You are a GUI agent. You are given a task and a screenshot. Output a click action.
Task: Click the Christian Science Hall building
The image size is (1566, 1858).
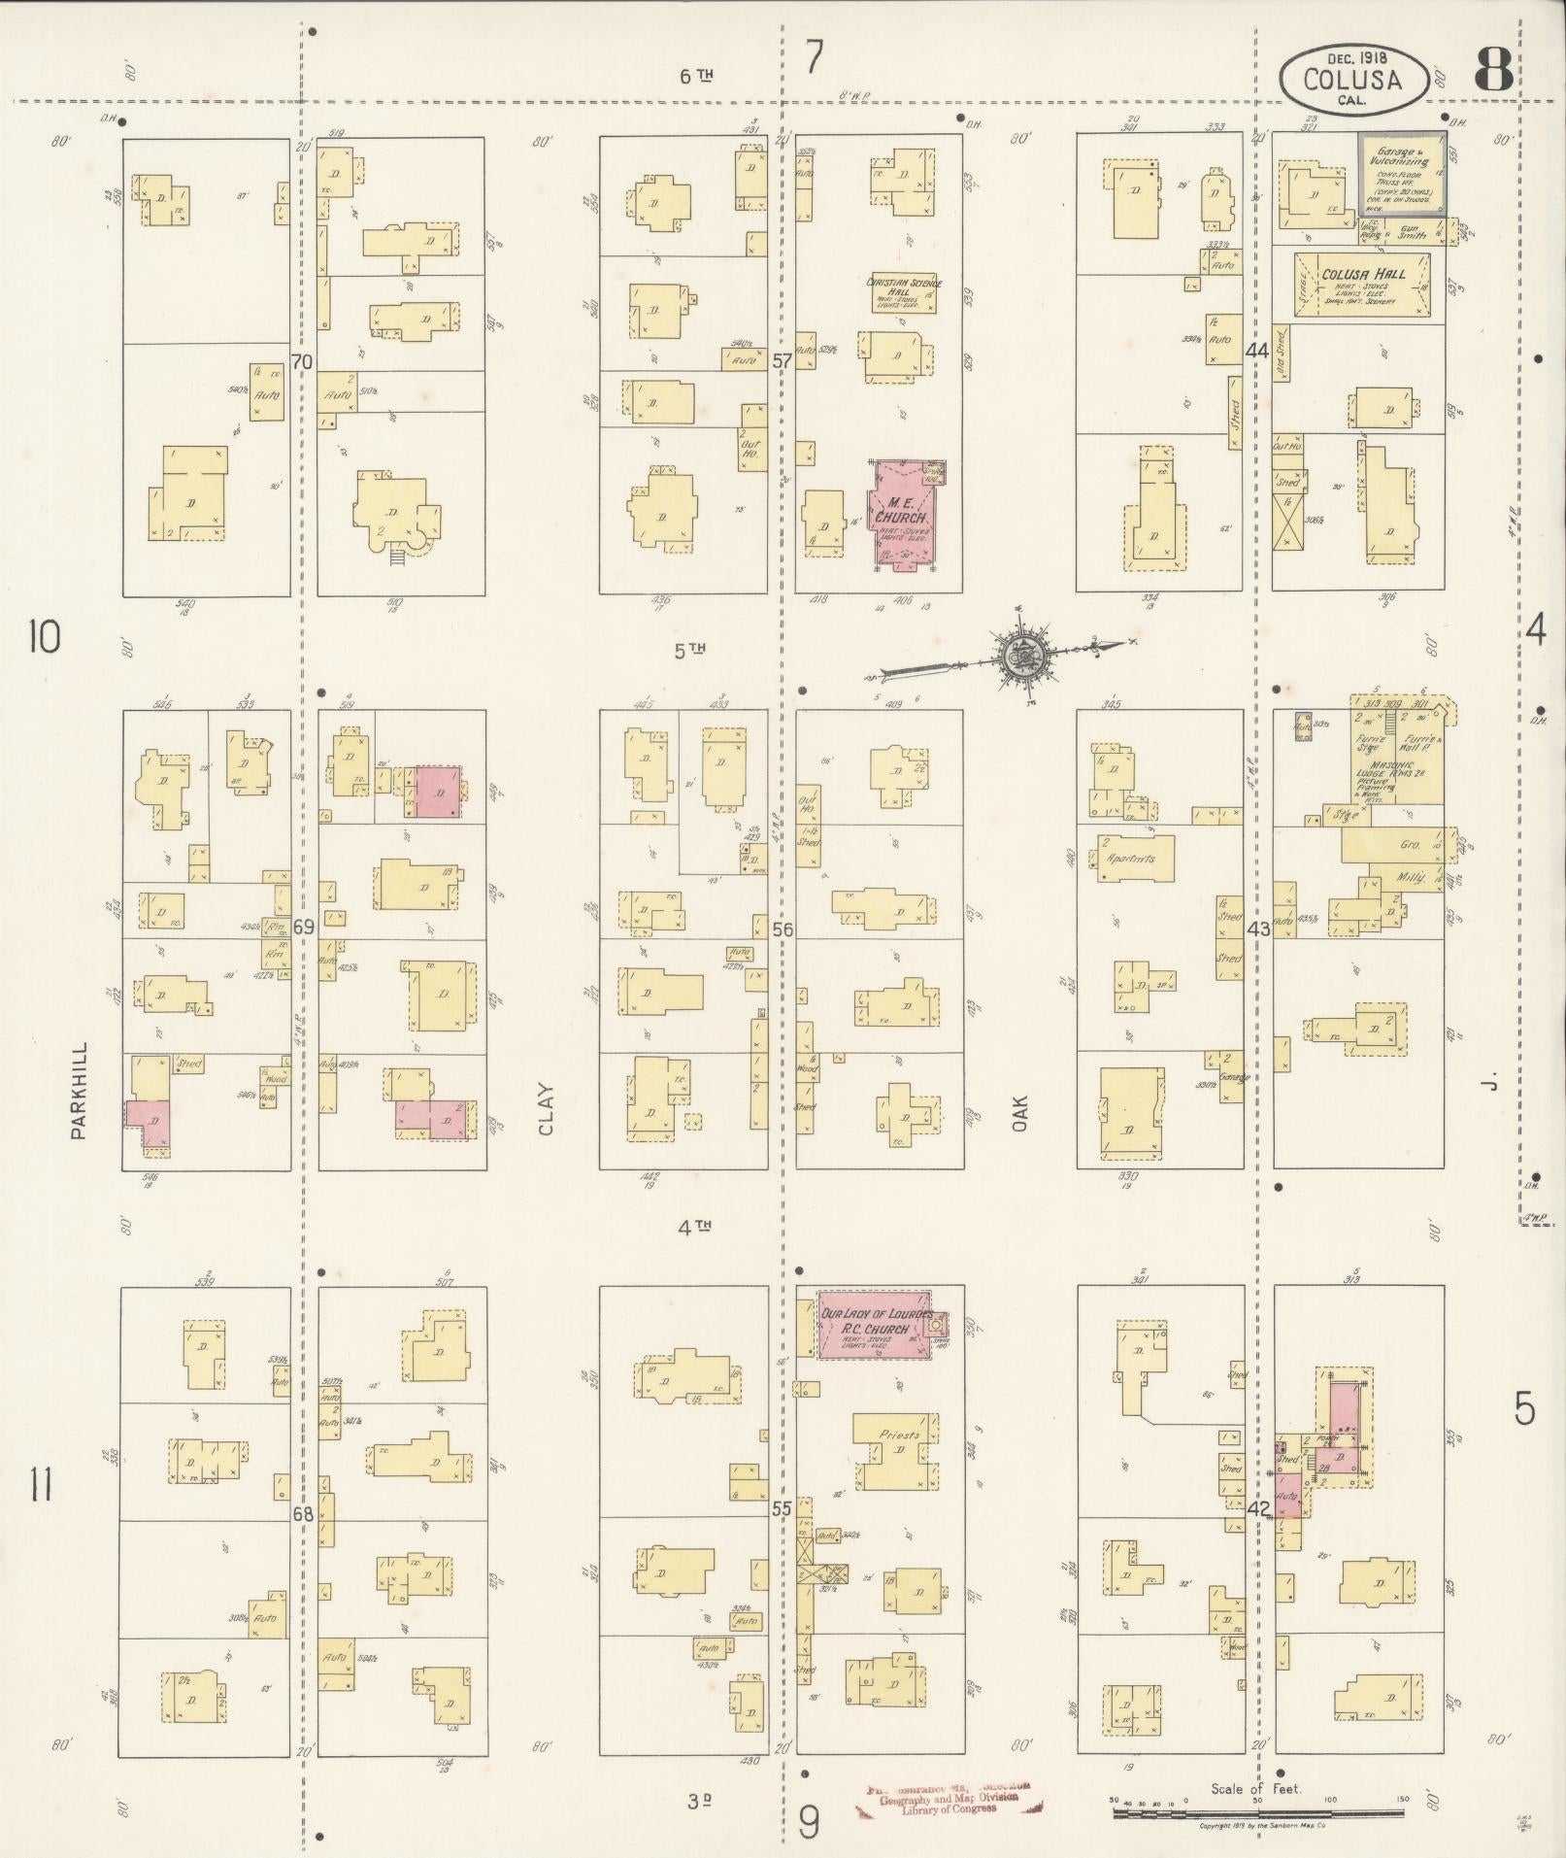point(903,292)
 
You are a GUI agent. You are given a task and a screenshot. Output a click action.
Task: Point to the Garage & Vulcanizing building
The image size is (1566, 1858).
point(1401,174)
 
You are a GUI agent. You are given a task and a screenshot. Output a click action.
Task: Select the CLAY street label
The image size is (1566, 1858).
point(546,1108)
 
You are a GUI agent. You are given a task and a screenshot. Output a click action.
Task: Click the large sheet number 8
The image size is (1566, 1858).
point(1492,69)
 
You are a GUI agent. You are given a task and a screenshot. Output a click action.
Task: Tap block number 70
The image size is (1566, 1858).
point(302,362)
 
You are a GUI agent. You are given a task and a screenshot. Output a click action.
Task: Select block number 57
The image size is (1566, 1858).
point(782,361)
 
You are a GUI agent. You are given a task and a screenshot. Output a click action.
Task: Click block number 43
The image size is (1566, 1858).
point(1258,929)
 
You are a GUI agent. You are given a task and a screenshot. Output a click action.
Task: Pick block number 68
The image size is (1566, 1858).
point(303,1513)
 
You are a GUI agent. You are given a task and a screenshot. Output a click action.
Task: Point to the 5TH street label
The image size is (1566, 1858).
point(693,651)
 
